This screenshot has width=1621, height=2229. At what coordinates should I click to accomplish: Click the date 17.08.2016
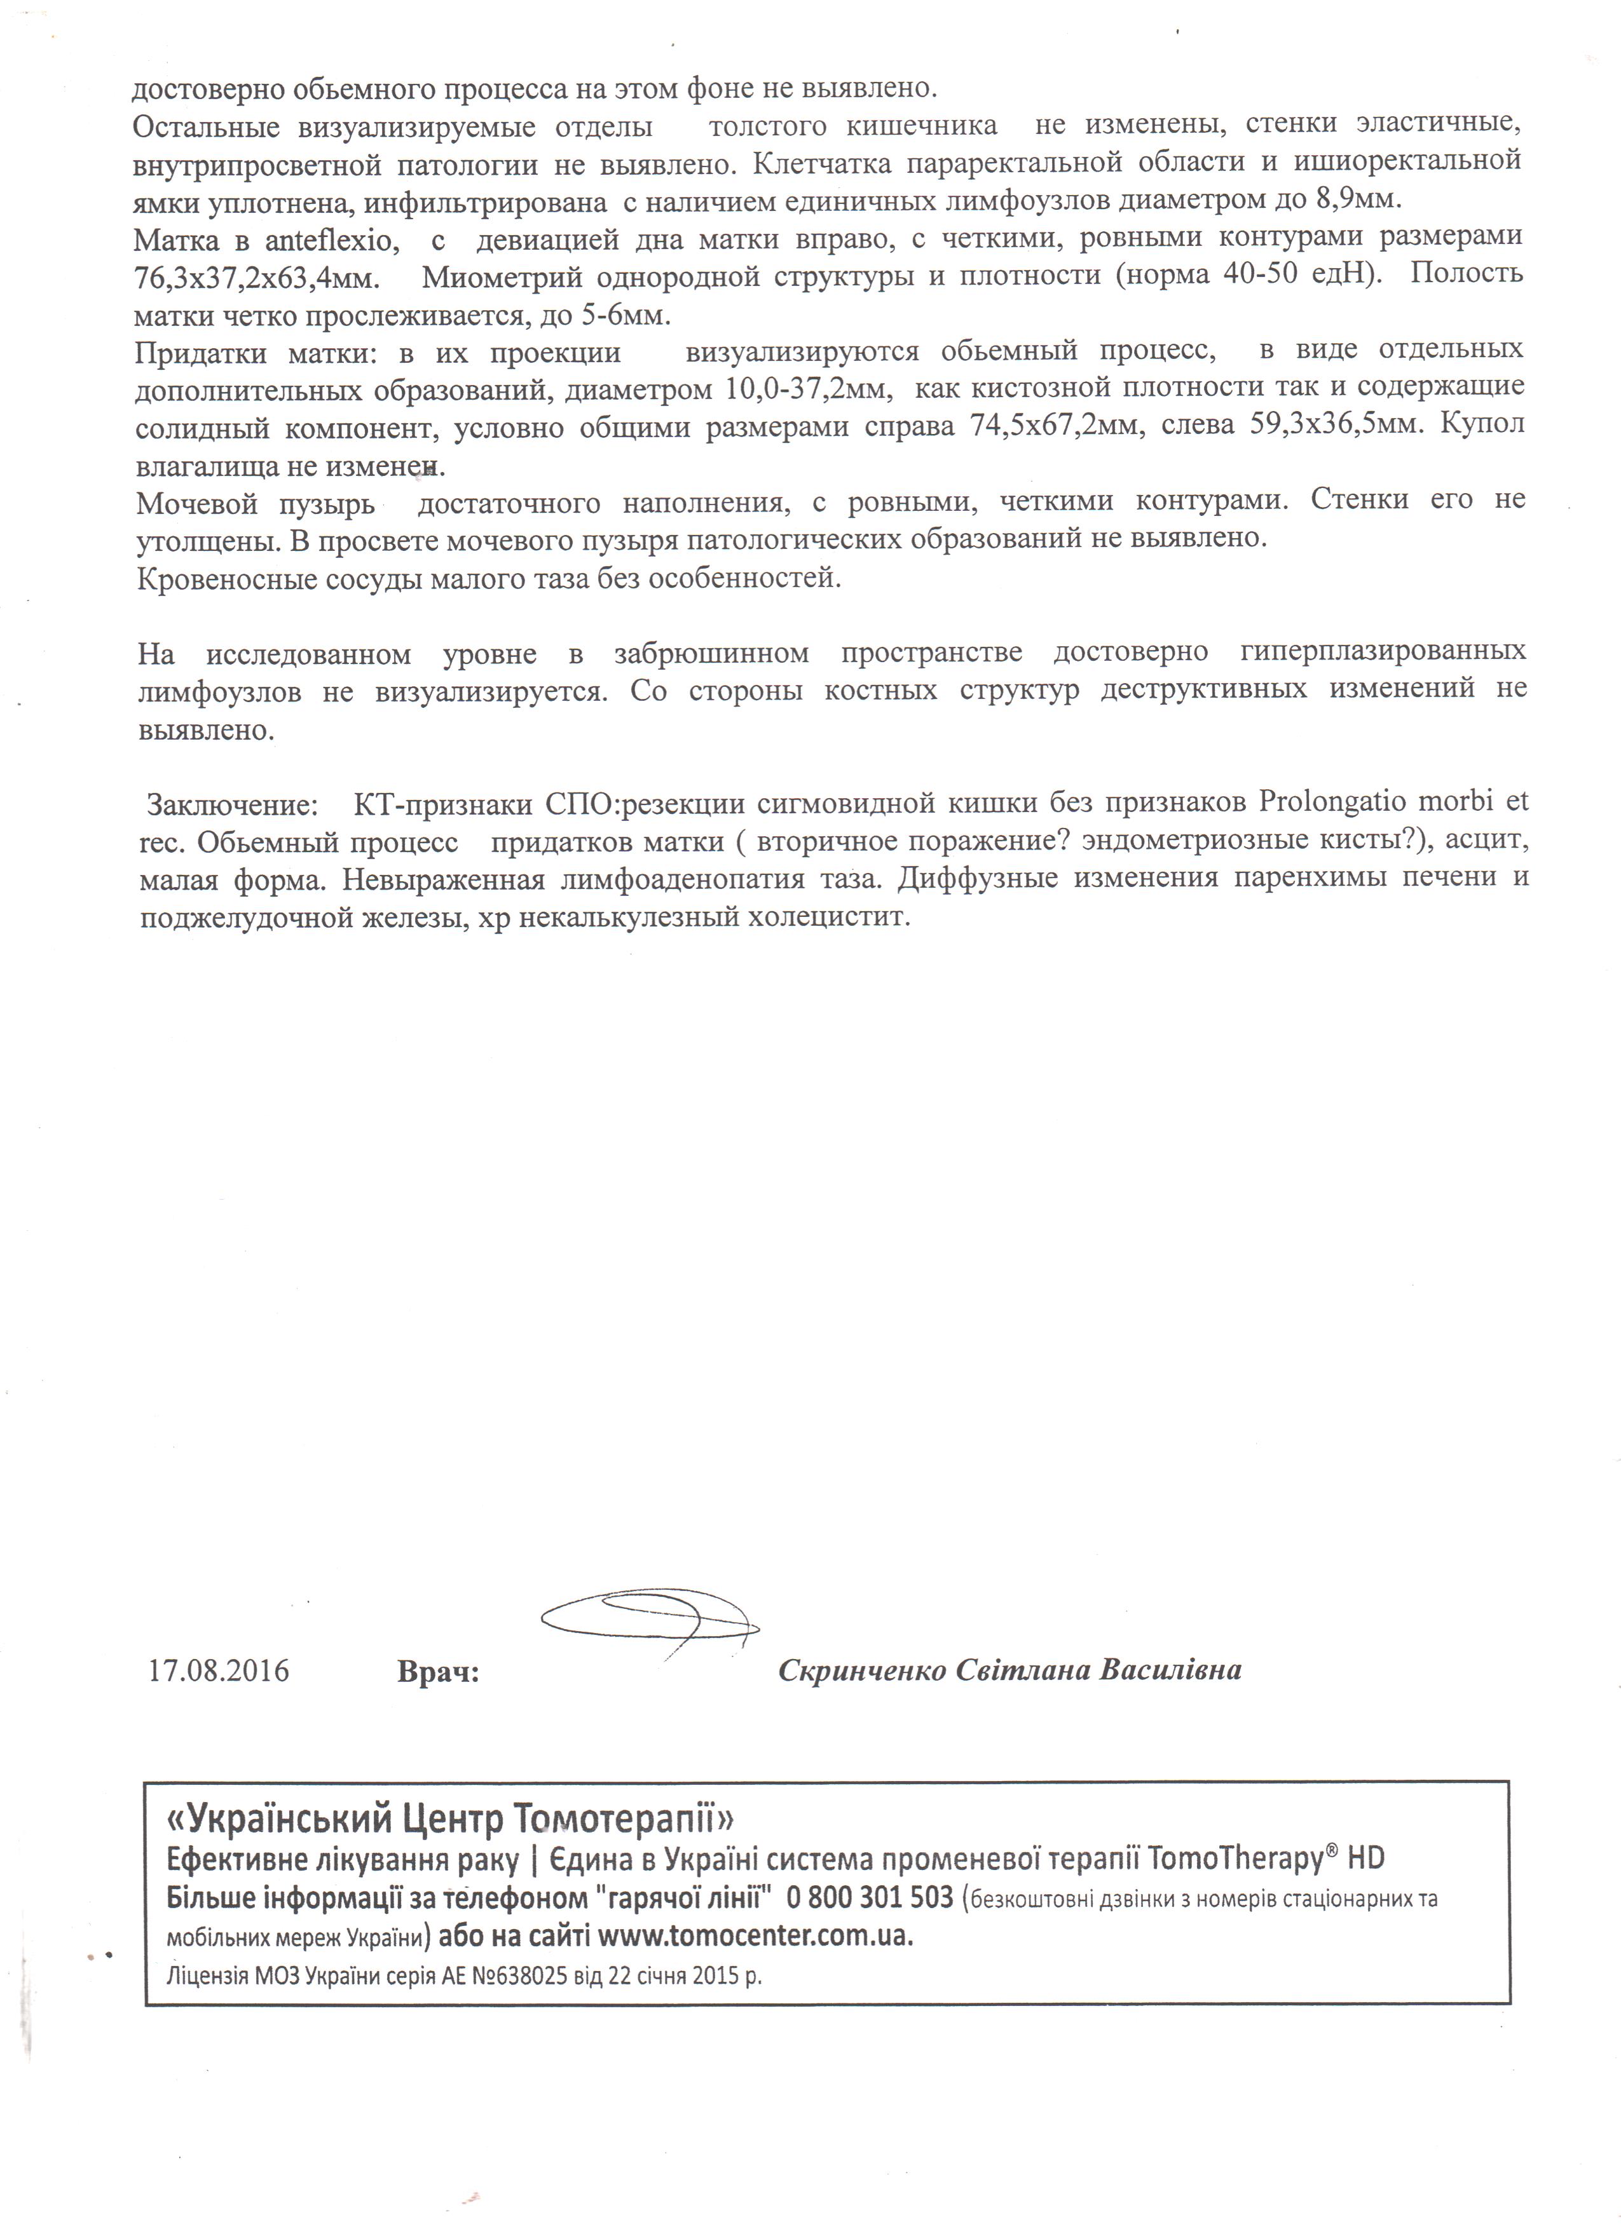(218, 1670)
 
